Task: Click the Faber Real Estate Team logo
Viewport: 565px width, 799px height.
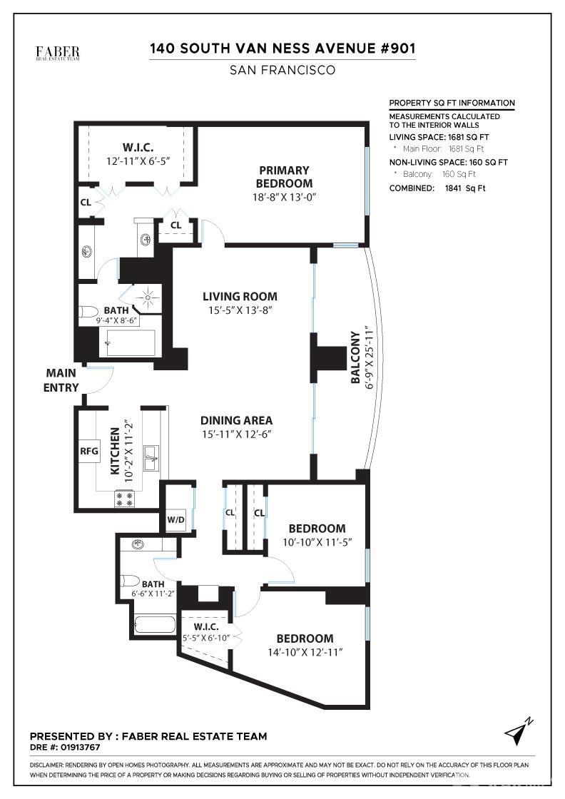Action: click(58, 54)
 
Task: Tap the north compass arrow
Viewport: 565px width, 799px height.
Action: click(519, 731)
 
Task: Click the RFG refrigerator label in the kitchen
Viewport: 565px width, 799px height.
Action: click(88, 451)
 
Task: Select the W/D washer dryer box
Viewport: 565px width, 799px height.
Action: click(175, 519)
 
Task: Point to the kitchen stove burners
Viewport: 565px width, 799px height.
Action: click(124, 499)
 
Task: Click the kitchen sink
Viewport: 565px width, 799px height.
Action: click(152, 456)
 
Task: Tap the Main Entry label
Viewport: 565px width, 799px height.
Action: click(61, 380)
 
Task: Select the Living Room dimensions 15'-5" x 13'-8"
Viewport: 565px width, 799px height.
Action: click(239, 310)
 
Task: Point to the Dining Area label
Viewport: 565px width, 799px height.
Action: click(236, 420)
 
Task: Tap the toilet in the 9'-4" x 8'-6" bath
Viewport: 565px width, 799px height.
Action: click(89, 311)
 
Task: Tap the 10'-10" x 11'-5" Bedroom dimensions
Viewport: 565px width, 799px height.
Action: click(317, 541)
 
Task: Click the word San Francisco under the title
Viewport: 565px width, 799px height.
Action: click(282, 70)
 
